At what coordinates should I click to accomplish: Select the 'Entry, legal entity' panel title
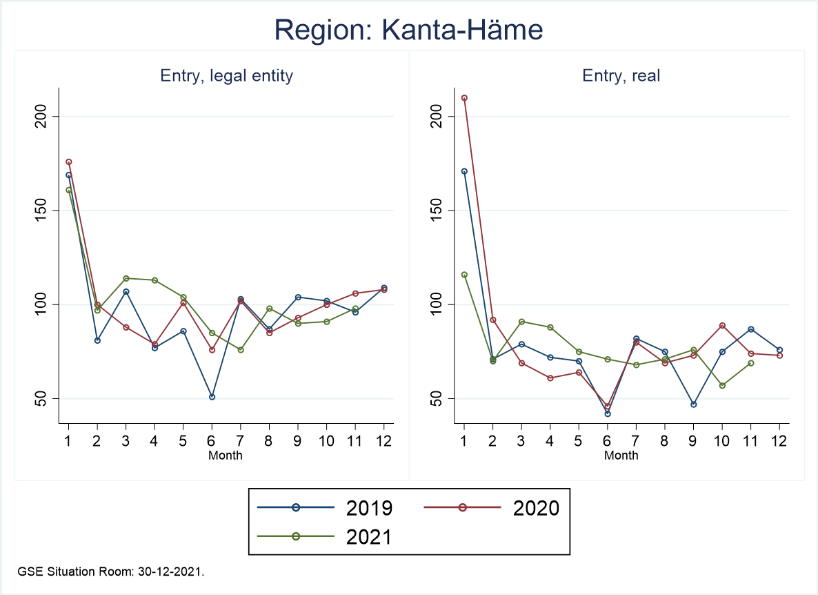point(226,76)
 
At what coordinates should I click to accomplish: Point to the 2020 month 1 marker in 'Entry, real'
point(464,98)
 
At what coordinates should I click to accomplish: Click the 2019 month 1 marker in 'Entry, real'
point(464,171)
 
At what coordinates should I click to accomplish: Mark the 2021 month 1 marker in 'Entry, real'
point(464,275)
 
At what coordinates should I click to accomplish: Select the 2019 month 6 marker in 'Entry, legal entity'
point(212,397)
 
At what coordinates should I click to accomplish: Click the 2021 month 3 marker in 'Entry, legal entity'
point(126,278)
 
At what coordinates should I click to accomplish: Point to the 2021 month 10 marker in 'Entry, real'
point(722,385)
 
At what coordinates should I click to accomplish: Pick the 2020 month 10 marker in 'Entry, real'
point(722,325)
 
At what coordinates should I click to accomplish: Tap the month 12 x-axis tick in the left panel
point(383,440)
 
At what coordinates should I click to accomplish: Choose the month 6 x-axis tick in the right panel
point(607,440)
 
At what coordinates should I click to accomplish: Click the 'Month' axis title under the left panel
point(226,455)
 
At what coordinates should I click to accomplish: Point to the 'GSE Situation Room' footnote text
point(111,572)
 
